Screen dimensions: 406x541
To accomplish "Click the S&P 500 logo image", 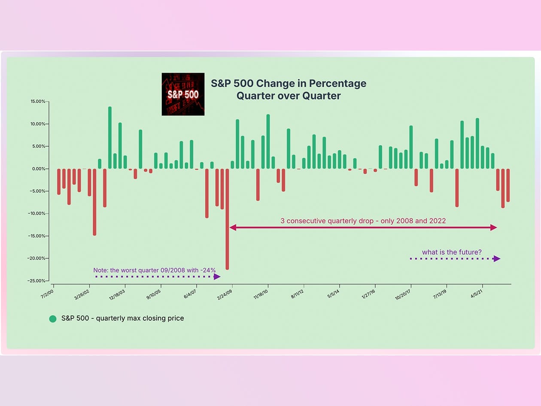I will pyautogui.click(x=183, y=94).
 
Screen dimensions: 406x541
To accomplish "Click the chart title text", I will pyautogui.click(x=289, y=89).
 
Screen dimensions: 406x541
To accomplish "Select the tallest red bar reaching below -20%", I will pyautogui.click(x=227, y=219).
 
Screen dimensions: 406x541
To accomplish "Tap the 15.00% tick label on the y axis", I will pyautogui.click(x=38, y=102).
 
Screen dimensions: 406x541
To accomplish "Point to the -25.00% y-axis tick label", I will pyautogui.click(x=37, y=281).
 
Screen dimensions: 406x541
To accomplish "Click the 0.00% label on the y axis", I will pyautogui.click(x=39, y=169).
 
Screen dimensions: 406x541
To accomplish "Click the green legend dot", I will pyautogui.click(x=53, y=318).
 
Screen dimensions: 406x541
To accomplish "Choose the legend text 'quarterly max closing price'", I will pyautogui.click(x=122, y=318).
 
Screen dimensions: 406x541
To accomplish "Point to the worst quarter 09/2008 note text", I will pyautogui.click(x=154, y=270).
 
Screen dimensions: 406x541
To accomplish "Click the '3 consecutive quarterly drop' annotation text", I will pyautogui.click(x=363, y=221).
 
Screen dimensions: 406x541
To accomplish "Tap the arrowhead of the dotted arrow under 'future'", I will pyautogui.click(x=497, y=258).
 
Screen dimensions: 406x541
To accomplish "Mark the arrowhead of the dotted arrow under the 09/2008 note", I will pyautogui.click(x=217, y=277).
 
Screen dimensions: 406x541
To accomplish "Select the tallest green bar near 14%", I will pyautogui.click(x=110, y=137).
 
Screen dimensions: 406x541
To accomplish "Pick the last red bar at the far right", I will pyautogui.click(x=508, y=185).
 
